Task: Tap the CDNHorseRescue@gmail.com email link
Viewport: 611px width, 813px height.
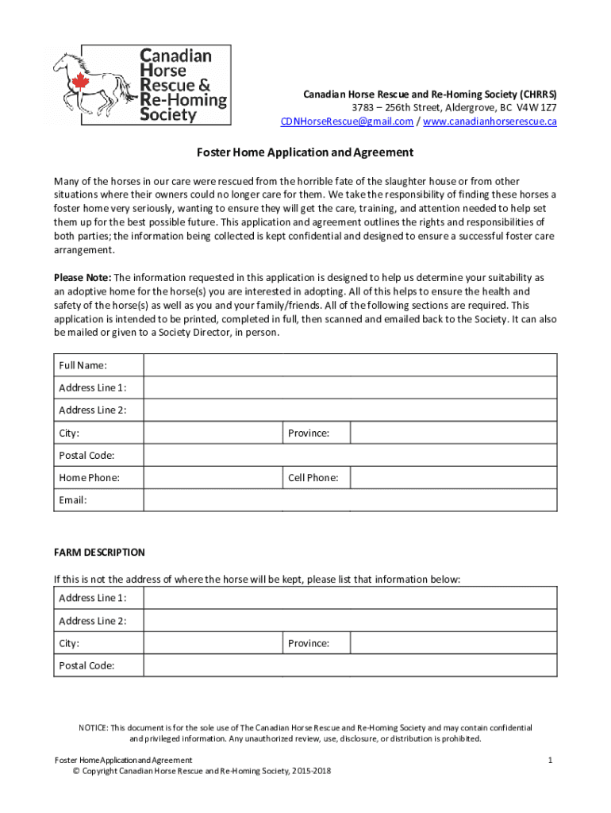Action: (347, 121)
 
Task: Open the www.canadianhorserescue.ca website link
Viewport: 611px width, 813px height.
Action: (490, 121)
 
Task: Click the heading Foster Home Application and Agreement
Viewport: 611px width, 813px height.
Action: (305, 152)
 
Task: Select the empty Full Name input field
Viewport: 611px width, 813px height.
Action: (349, 365)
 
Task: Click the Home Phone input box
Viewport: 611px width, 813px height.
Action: (212, 478)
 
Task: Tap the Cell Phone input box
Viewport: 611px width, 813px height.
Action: (453, 478)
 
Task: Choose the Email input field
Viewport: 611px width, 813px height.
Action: (349, 500)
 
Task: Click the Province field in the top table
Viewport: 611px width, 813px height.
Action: (453, 433)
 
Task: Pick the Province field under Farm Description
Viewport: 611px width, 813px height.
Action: (453, 643)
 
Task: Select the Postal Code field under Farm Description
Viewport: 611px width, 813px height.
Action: (349, 665)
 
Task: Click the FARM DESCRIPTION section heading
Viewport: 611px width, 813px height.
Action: (99, 553)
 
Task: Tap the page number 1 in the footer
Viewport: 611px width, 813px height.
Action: (549, 761)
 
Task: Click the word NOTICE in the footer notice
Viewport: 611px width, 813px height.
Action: (93, 728)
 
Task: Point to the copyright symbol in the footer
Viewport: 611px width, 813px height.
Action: (75, 772)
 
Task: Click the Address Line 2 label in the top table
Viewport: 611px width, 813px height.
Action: (92, 410)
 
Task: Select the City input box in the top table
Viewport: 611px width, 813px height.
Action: (212, 433)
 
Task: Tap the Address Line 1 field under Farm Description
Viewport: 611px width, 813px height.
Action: (349, 598)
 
